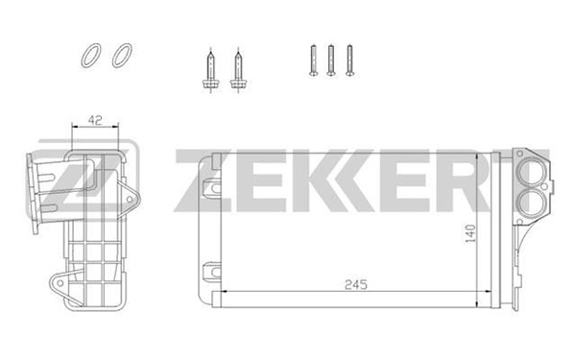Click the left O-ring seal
click(89, 57)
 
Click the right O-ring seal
click(120, 57)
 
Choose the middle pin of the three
click(331, 60)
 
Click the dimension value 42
click(95, 119)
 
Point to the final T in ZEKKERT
click(481, 178)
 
